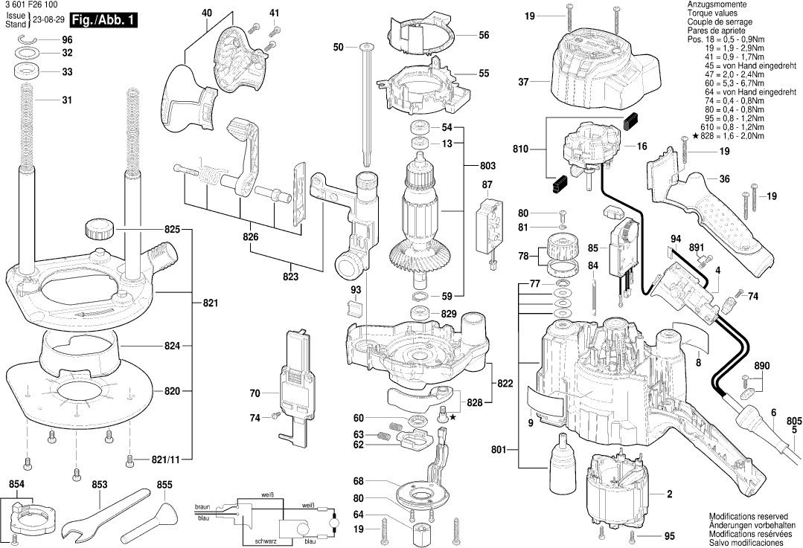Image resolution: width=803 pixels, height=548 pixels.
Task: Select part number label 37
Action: tap(524, 83)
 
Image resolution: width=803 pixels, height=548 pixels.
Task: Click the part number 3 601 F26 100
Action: tap(29, 4)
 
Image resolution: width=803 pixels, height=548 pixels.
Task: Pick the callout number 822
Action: tap(505, 383)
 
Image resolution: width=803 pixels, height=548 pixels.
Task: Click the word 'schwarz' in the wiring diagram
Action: tap(266, 541)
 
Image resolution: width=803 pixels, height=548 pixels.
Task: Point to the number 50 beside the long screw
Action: tap(339, 47)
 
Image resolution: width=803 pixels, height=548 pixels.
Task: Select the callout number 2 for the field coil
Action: tap(669, 494)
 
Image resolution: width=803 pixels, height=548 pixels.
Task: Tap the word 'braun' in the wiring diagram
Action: tap(202, 507)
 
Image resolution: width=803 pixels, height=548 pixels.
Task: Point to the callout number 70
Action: tap(255, 393)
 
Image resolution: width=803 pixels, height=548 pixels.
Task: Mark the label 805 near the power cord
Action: tap(794, 420)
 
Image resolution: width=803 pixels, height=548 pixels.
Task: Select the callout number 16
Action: tap(642, 147)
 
